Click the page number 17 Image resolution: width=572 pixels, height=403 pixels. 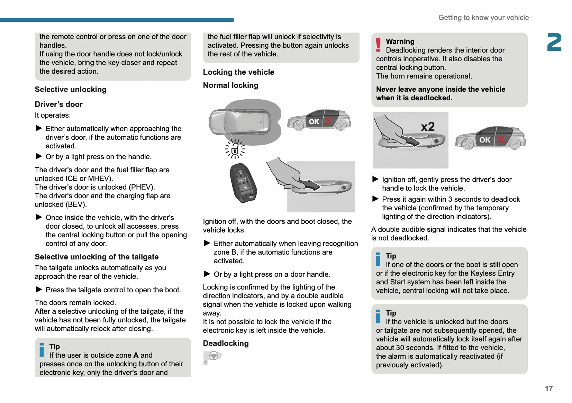pyautogui.click(x=548, y=388)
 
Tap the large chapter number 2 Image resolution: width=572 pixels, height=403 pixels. pyautogui.click(x=554, y=43)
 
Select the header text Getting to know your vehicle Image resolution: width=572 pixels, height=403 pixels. pyautogui.click(x=483, y=18)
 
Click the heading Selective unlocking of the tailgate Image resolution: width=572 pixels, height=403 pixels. pyautogui.click(x=97, y=257)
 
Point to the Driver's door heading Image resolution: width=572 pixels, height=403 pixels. pyautogui.click(x=58, y=104)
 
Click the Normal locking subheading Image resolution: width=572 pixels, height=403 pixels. pyautogui.click(x=230, y=85)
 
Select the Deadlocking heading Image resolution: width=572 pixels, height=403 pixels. pyautogui.click(x=226, y=343)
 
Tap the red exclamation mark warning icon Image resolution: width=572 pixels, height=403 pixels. pyautogui.click(x=379, y=45)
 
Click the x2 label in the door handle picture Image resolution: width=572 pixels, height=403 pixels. pyautogui.click(x=428, y=127)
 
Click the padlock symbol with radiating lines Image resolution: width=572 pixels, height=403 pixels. pyautogui.click(x=235, y=149)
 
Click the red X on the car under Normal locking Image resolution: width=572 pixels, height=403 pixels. pyautogui.click(x=328, y=121)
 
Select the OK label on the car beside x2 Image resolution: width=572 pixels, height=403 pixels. pyautogui.click(x=484, y=140)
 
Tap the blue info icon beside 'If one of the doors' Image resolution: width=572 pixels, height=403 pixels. pyautogui.click(x=378, y=259)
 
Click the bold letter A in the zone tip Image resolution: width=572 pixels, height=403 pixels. pyautogui.click(x=136, y=355)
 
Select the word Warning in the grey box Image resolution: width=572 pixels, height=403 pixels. pyautogui.click(x=400, y=42)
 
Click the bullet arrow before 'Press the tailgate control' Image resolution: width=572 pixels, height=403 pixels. pyautogui.click(x=39, y=289)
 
